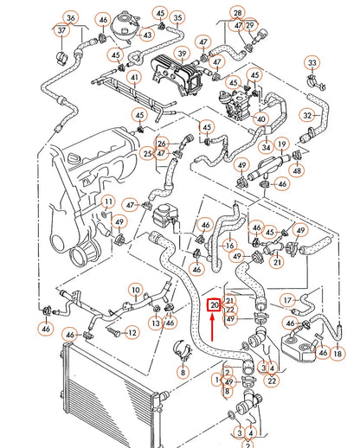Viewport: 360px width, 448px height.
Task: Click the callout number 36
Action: (x=71, y=18)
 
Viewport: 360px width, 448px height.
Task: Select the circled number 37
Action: (x=61, y=31)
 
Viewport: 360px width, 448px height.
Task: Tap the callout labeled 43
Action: (x=148, y=35)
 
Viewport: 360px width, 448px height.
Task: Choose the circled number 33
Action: (x=312, y=63)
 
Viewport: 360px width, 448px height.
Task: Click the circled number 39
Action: (x=182, y=53)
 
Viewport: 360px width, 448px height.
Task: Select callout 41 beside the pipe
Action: (x=134, y=77)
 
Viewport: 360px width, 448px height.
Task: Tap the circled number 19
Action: (x=281, y=144)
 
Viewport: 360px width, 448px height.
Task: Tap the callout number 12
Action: (x=132, y=331)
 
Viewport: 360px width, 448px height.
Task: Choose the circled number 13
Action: (x=156, y=323)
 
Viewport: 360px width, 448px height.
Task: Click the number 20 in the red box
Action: (x=214, y=305)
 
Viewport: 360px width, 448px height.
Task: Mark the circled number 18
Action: (x=337, y=354)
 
